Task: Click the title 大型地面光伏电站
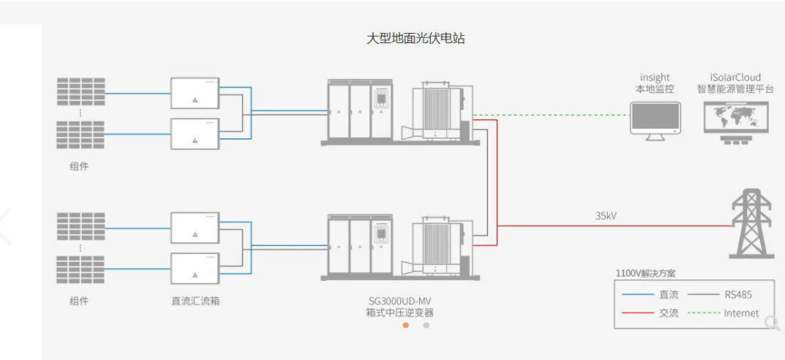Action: [x=415, y=39]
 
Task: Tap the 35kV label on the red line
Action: [x=606, y=216]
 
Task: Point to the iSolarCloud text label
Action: [x=735, y=77]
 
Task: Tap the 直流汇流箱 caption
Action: [x=195, y=301]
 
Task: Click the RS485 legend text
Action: [x=737, y=295]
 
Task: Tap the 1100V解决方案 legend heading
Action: [x=645, y=274]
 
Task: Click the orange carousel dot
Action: [x=405, y=325]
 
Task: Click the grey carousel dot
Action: [x=427, y=325]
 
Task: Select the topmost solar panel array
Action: [x=80, y=91]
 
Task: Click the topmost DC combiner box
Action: [x=195, y=93]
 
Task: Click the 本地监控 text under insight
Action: [x=655, y=89]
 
